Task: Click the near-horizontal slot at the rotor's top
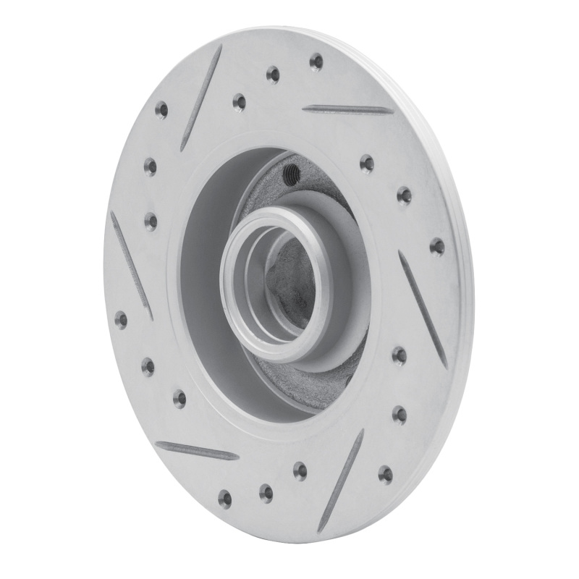(348, 110)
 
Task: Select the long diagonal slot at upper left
(201, 97)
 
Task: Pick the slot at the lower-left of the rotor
(197, 451)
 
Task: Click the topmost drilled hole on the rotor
(316, 62)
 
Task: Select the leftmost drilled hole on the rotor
(121, 319)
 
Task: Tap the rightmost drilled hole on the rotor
(437, 248)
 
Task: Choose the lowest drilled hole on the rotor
(225, 499)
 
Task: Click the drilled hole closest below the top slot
(367, 164)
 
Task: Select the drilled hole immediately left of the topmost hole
(273, 74)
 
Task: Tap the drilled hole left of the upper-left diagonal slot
(161, 111)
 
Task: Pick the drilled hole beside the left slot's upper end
(151, 220)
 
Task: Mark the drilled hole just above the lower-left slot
(179, 398)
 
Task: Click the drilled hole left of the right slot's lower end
(399, 355)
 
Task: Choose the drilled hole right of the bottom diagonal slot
(385, 474)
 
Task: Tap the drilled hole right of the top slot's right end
(404, 195)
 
